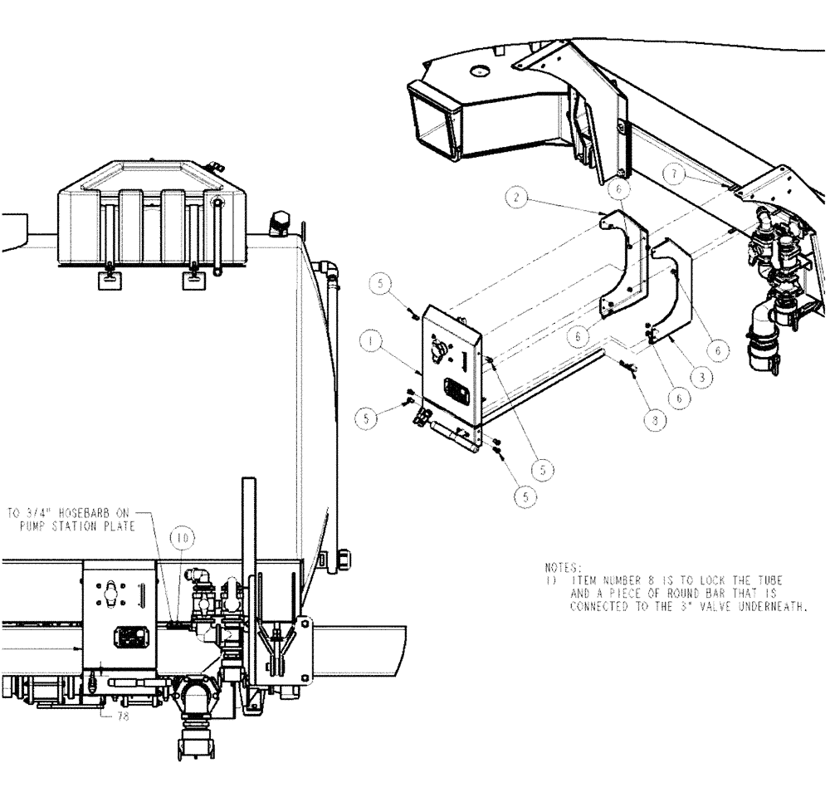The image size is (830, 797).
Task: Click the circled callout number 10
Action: [183, 538]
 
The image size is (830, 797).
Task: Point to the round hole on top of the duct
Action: [476, 72]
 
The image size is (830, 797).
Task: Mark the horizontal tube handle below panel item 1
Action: [453, 434]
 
